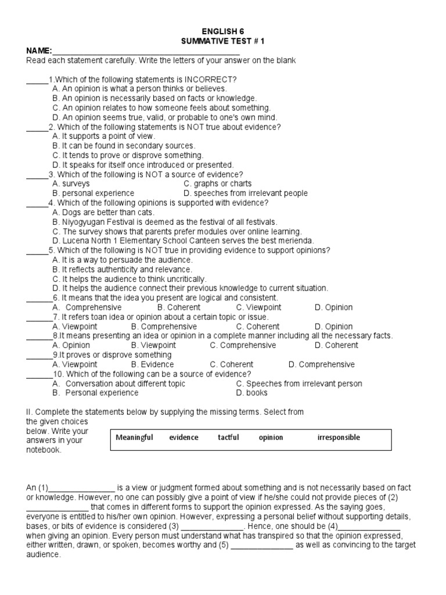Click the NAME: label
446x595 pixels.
coord(39,51)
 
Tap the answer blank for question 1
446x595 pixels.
coord(37,79)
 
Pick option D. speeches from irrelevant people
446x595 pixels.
coord(245,193)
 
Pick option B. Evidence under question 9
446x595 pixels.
coord(152,364)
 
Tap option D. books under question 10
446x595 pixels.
coord(251,393)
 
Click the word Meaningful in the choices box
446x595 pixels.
coord(134,438)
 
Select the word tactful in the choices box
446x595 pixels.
coord(228,438)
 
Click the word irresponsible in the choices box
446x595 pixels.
coord(339,438)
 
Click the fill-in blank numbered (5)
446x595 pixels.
coord(262,545)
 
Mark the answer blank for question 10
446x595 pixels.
coord(39,374)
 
